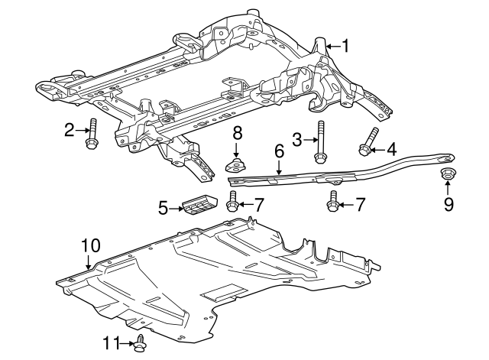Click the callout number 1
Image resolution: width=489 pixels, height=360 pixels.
click(345, 47)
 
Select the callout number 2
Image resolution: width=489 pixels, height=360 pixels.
click(69, 131)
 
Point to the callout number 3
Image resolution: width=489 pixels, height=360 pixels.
click(297, 138)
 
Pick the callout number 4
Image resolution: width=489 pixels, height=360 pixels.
click(392, 149)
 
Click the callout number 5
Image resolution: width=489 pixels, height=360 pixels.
click(163, 207)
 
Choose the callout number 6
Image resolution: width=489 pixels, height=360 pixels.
click(280, 153)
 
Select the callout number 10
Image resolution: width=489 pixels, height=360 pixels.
click(90, 245)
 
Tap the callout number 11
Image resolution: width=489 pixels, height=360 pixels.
click(112, 343)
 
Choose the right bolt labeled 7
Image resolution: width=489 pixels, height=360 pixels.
click(334, 203)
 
